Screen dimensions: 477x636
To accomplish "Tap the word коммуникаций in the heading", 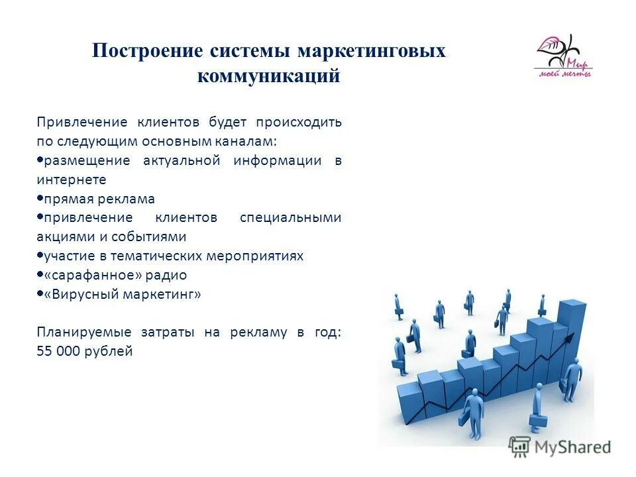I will click(x=268, y=76).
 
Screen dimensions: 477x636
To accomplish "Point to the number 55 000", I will click(x=58, y=352).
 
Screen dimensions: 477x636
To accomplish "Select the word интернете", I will click(x=72, y=180).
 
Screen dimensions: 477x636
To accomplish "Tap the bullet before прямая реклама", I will click(x=40, y=198).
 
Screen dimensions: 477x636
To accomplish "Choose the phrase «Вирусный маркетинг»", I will click(x=123, y=294).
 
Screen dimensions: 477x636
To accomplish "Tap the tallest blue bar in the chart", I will click(x=572, y=331).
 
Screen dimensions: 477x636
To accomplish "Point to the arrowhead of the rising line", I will click(x=568, y=339).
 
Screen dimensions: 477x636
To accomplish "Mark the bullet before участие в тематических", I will click(x=40, y=255).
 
